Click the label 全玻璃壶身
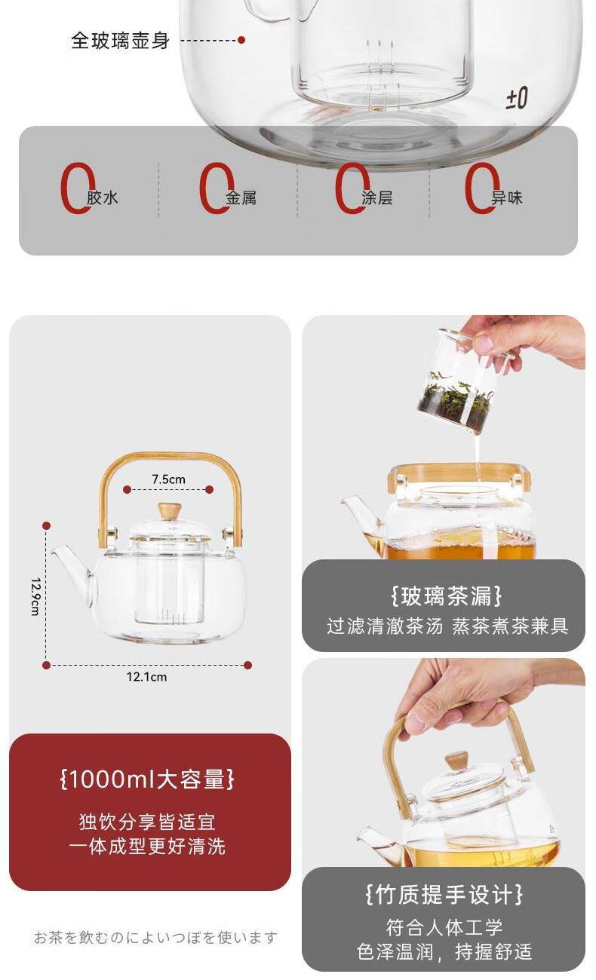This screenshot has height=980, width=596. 120,41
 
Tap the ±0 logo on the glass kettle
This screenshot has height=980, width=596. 517,99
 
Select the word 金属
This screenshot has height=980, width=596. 241,198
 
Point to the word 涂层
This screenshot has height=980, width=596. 377,198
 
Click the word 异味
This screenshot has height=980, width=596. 507,198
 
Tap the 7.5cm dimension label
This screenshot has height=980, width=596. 168,479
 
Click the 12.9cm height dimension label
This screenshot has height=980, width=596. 35,597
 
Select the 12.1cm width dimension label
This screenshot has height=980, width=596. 146,677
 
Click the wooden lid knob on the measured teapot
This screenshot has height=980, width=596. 170,511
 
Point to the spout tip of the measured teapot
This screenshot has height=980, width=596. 54,550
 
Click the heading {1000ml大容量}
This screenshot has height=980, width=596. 147,779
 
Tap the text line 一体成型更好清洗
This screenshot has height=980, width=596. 147,847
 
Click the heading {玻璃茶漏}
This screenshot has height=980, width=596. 446,596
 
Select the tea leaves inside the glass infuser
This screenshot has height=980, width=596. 456,400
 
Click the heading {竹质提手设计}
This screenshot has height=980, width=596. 444,894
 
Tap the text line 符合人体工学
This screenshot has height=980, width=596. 444,927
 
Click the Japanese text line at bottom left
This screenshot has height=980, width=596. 155,938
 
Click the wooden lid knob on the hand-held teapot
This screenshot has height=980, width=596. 456,761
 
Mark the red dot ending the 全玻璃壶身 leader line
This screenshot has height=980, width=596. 241,40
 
